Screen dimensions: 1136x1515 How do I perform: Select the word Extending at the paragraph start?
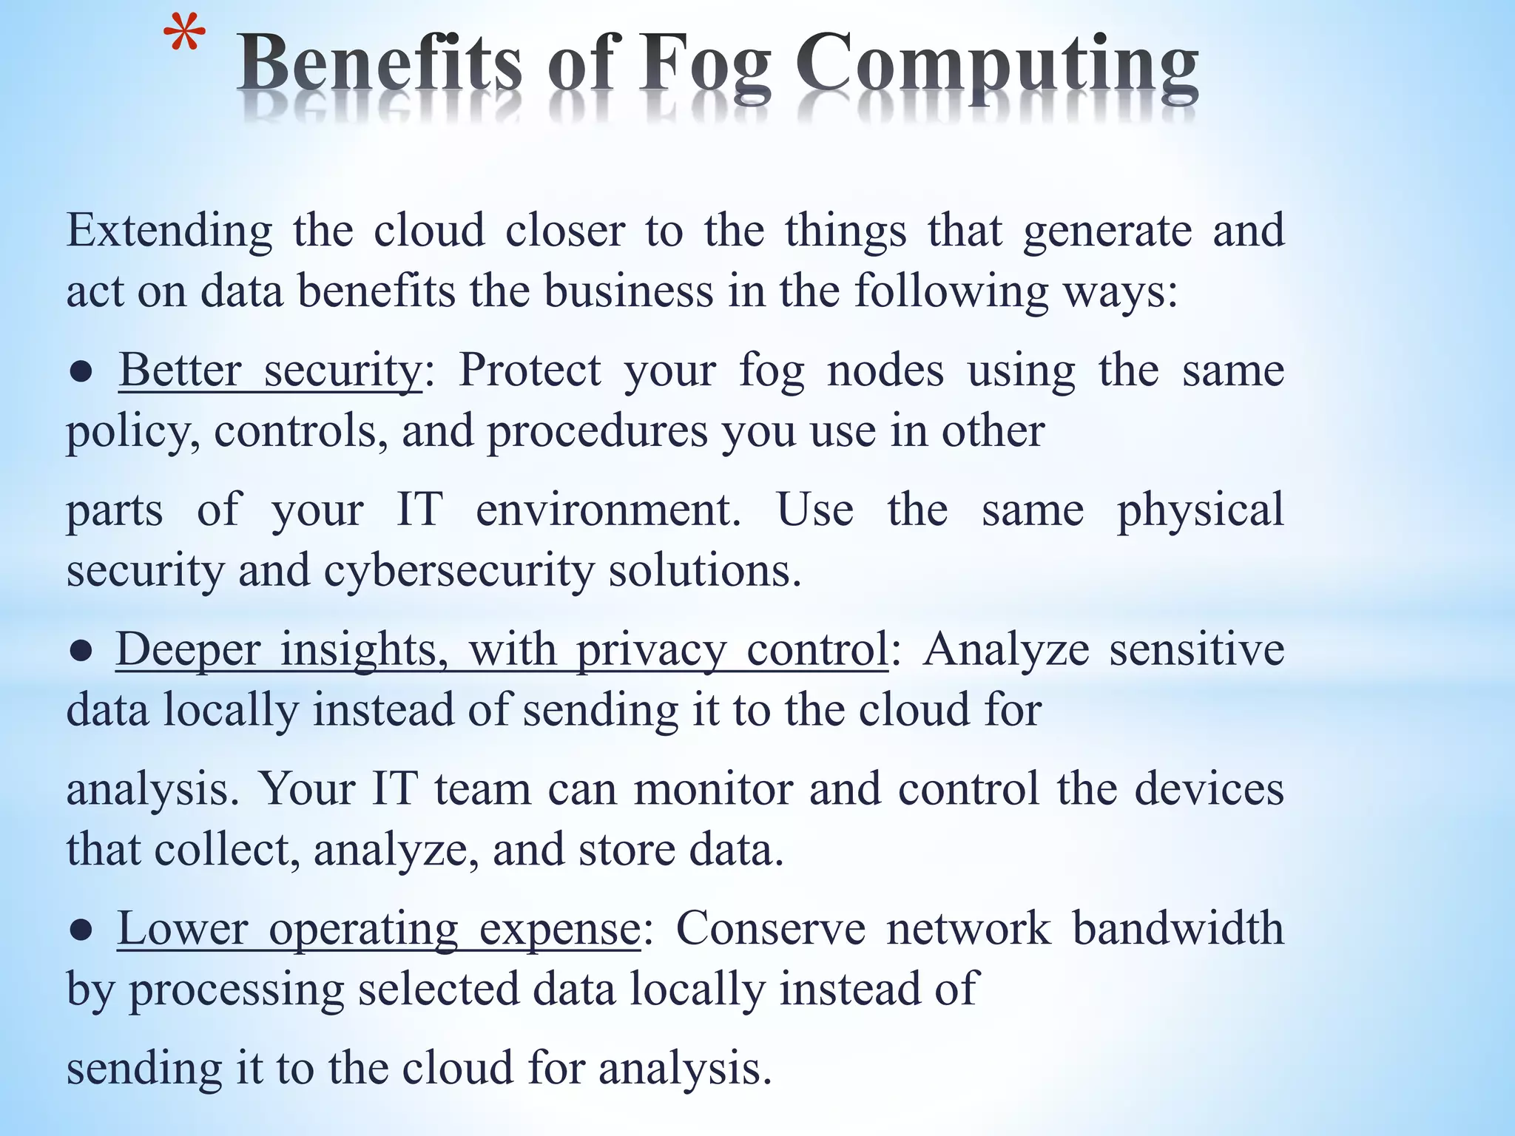169,231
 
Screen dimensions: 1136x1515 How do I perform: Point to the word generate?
1107,231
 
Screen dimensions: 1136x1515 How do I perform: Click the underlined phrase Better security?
270,370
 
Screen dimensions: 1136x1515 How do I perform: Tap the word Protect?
530,370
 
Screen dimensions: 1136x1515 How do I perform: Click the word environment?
608,510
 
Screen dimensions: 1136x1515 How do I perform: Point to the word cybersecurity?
459,571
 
